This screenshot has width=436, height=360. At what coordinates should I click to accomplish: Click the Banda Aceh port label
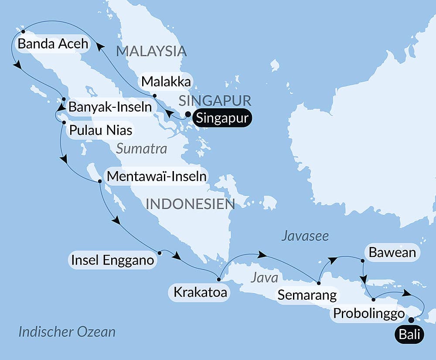(52, 44)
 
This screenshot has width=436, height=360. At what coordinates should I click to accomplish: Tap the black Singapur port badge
(222, 118)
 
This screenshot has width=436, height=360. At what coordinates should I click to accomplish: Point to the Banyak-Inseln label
(110, 106)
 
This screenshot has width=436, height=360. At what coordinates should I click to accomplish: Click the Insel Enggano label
(112, 261)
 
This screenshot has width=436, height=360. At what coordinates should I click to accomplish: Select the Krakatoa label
(200, 292)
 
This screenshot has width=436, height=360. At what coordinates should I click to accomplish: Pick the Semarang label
(307, 295)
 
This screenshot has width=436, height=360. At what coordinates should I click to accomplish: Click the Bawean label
(392, 252)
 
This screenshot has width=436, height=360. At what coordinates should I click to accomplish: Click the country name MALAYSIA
(151, 51)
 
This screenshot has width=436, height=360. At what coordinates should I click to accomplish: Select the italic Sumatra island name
(142, 149)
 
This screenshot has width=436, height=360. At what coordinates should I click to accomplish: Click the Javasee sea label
(305, 236)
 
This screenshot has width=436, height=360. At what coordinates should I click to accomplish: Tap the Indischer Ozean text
(67, 332)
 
